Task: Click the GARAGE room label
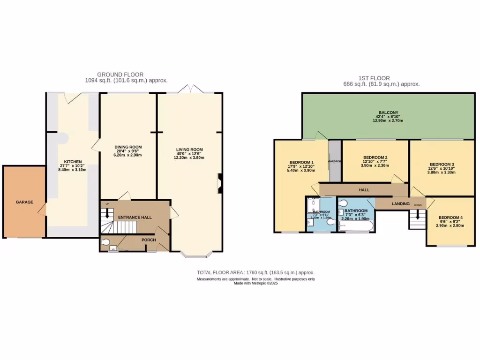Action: (24, 202)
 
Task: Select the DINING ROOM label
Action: (128, 147)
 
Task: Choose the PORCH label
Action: (149, 240)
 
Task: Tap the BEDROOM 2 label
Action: (375, 157)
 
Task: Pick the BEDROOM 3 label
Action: (442, 164)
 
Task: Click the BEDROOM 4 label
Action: (450, 217)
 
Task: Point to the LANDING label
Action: (401, 203)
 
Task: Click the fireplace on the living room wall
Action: (219, 183)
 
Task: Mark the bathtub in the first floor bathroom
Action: (356, 227)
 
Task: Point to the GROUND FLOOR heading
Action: (120, 75)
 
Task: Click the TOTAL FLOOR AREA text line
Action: (255, 272)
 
